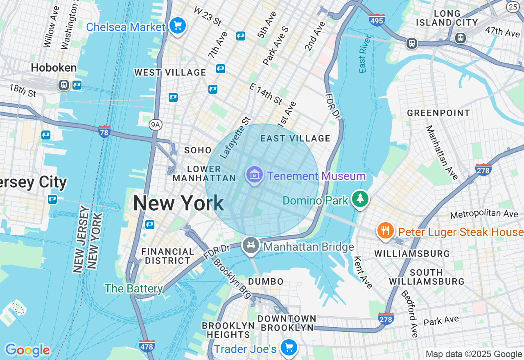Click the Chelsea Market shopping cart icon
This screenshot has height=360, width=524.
[x=177, y=26]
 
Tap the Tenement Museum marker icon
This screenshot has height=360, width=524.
[x=254, y=175]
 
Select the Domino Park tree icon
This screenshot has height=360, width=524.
[x=360, y=199]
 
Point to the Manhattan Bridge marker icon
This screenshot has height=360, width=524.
[x=251, y=245]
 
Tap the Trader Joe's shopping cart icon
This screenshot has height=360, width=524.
[x=289, y=348]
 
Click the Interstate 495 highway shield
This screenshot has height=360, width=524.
[x=377, y=20]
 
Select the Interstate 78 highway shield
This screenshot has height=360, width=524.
[x=104, y=131]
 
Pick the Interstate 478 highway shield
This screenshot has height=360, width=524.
[x=147, y=346]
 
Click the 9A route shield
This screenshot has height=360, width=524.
[x=155, y=124]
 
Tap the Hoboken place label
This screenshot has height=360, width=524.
[x=54, y=67]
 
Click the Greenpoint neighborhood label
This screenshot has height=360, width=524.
[x=438, y=113]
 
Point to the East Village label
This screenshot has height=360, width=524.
[x=295, y=138]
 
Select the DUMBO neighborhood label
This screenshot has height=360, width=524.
[x=266, y=281]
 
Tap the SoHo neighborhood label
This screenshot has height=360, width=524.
[x=198, y=150]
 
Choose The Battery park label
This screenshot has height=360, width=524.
[x=133, y=288]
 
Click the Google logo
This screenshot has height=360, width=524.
[x=27, y=350]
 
